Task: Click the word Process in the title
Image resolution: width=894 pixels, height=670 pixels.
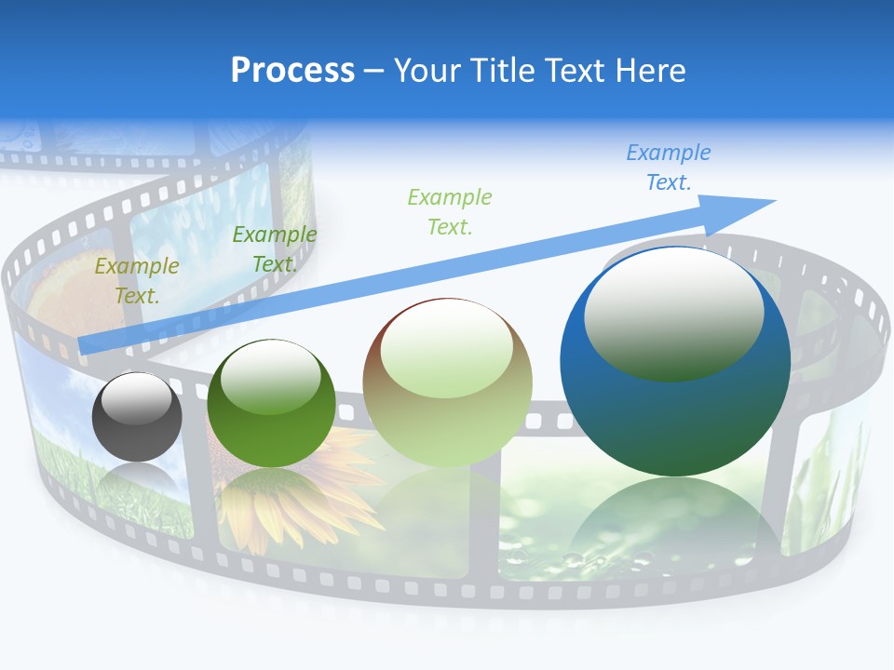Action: [292, 70]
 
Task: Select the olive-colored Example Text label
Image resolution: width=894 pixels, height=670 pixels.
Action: [137, 281]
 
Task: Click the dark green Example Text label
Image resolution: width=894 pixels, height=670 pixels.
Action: [274, 249]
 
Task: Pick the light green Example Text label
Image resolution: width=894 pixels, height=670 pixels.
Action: [450, 211]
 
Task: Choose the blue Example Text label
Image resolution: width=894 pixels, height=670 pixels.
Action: [669, 167]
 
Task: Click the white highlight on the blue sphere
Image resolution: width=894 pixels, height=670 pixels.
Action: [673, 312]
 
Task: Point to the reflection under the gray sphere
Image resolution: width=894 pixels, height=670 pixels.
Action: [137, 480]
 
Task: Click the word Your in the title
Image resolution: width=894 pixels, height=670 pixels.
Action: [425, 70]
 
